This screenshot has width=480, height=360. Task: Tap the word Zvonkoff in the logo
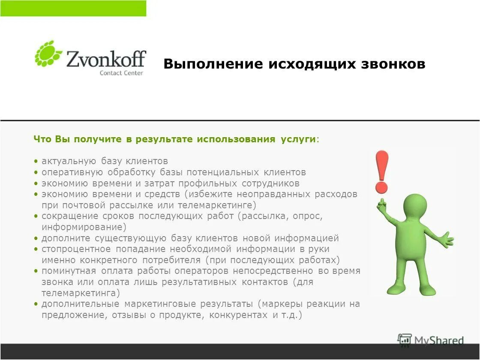pos(106,58)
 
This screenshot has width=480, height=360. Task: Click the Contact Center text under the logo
pos(121,73)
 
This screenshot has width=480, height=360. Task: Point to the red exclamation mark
pos(381,171)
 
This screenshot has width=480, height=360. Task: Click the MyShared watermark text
pos(439,341)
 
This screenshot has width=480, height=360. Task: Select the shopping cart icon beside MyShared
pos(405,340)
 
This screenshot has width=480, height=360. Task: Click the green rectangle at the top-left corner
pos(73,8)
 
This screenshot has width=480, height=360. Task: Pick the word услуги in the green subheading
pos(299,140)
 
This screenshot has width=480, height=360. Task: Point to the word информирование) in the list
pos(84,227)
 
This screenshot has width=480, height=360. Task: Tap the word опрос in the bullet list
pos(307,216)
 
